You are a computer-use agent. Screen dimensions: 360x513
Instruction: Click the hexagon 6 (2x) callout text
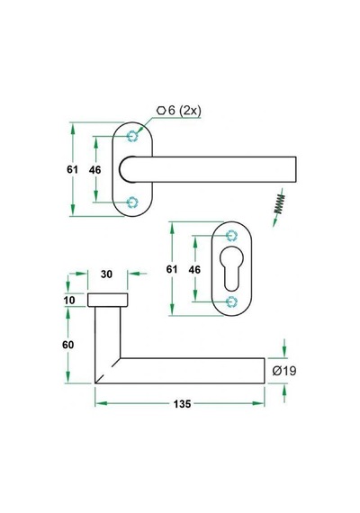coord(179,111)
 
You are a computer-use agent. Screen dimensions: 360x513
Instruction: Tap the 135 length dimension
coord(182,404)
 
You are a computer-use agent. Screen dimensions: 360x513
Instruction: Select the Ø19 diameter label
coord(284,371)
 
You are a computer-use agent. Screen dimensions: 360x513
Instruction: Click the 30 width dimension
coord(107,274)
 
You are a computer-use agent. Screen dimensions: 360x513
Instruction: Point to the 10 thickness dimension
coord(69,300)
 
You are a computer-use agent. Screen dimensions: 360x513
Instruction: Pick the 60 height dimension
coord(68,345)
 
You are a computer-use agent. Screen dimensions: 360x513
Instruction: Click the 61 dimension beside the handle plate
coord(72,169)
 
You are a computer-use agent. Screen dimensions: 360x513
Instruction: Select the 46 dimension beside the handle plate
coord(94,170)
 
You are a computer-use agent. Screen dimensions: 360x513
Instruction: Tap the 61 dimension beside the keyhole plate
coord(172,269)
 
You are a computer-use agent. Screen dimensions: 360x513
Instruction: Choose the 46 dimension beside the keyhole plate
coord(194,270)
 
